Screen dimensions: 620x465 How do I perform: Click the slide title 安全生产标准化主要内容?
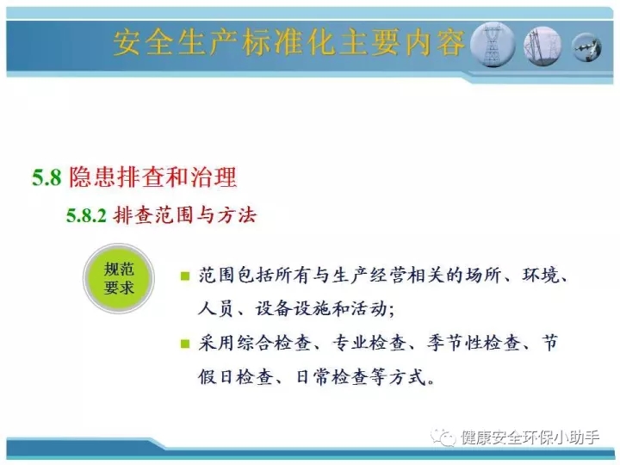289,42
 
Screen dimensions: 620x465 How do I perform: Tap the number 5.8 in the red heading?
46,177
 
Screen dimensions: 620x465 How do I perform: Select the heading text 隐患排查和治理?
153,177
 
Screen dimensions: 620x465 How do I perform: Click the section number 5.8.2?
86,216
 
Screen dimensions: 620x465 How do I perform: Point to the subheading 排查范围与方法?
185,215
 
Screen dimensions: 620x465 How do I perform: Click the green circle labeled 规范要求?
119,278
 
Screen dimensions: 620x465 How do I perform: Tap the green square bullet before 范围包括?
184,276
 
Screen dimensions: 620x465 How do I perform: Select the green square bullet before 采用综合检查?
184,344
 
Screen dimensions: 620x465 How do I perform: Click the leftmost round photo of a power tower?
493,44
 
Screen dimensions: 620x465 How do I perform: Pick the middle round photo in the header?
542,46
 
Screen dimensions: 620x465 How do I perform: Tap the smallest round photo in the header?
586,47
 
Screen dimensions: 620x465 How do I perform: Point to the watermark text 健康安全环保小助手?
530,437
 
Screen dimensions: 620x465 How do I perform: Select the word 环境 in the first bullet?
541,276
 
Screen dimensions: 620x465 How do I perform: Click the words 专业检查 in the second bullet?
369,343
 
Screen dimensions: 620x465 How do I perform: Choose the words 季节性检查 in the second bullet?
474,343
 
